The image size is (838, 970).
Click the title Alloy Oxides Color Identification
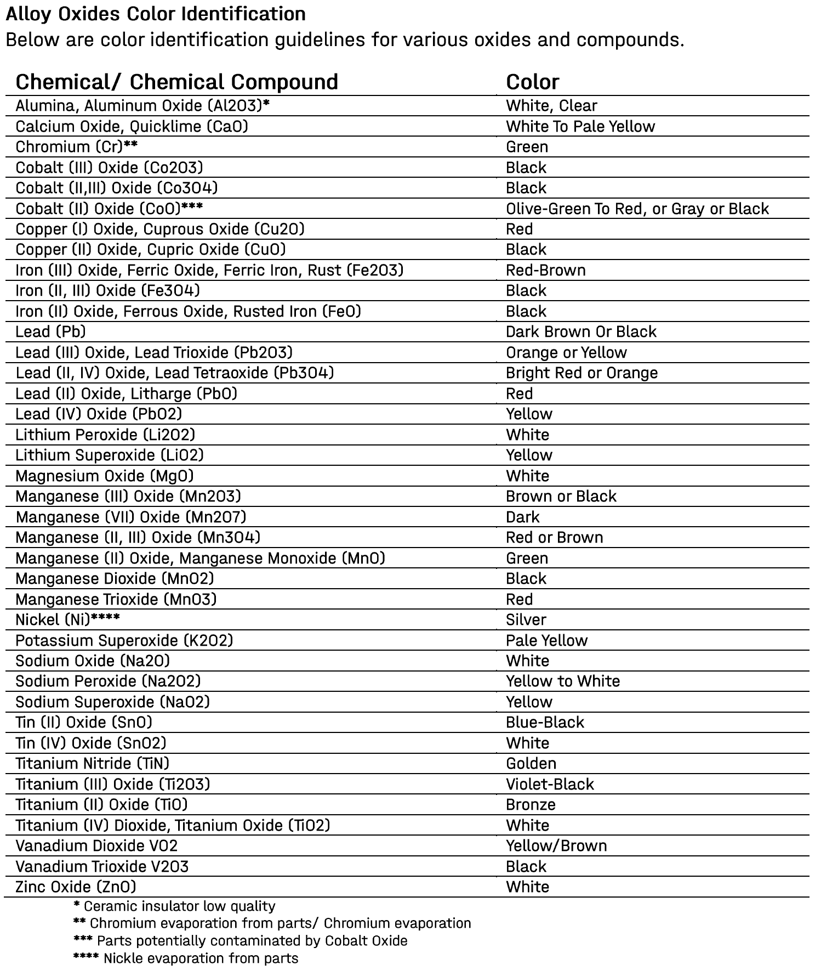coord(156,14)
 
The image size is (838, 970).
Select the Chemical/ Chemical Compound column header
coord(176,82)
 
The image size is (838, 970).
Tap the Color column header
coord(532,82)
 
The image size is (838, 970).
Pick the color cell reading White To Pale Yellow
coord(580,126)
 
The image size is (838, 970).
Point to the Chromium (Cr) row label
coord(76,146)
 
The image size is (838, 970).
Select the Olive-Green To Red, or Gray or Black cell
coord(637,208)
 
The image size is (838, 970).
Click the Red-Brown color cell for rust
coord(545,270)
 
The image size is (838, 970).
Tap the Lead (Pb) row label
coord(50,331)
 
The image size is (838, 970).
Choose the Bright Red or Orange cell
coord(582,373)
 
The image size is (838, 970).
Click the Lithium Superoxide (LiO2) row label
coord(109,455)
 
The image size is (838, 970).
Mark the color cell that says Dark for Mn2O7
coord(522,517)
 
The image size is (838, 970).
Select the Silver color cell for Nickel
coord(526,619)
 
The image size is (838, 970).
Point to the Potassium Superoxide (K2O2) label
coord(124,640)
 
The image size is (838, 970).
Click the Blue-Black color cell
coord(545,722)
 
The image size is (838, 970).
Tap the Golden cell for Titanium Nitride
coord(531,763)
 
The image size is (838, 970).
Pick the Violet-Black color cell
coord(550,784)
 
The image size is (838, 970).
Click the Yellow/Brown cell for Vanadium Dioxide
coord(556,845)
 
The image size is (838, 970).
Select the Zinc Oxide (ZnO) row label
coord(76,887)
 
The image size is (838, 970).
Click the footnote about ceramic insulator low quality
coord(174,906)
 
